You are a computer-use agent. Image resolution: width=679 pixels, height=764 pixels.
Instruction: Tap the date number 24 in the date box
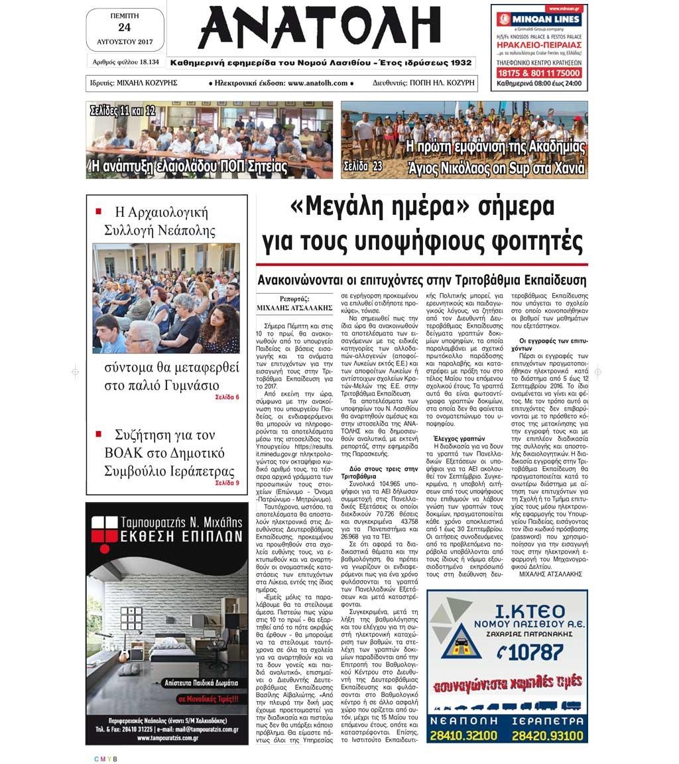pos(124,27)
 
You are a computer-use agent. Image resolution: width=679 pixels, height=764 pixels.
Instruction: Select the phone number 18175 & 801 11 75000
pos(538,72)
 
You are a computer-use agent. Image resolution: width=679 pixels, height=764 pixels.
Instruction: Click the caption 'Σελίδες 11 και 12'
pos(123,111)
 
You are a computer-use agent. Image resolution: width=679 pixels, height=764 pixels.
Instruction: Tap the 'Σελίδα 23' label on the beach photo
pos(363,166)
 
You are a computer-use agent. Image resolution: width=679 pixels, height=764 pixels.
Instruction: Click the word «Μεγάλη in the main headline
pos(340,207)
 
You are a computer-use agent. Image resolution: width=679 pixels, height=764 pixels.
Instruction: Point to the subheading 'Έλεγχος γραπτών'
pos(460,438)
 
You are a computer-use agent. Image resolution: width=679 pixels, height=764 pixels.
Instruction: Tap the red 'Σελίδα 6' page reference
pos(227,397)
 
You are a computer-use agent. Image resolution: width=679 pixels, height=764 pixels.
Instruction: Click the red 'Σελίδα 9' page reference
pos(227,483)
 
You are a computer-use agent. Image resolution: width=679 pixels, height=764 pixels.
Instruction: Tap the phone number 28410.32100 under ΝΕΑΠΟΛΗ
pos(463,735)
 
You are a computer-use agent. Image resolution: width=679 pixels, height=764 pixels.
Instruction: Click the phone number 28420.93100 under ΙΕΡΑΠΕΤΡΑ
pos(548,735)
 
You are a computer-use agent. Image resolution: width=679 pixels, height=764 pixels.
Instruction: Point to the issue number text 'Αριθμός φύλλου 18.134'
pos(125,62)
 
